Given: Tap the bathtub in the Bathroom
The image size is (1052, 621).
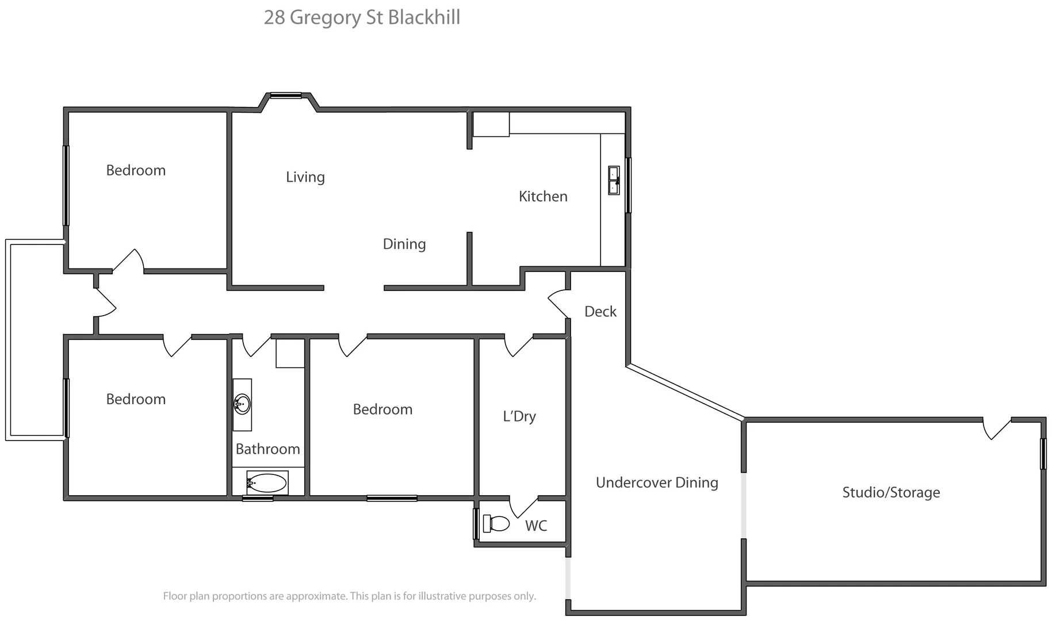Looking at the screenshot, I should click(266, 483).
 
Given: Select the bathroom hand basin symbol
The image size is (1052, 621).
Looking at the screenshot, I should click(242, 404).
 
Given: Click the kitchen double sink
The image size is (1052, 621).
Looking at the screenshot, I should click(614, 181).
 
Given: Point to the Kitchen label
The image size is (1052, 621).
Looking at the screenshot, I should click(543, 197).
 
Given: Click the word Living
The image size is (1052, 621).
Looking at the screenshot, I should click(305, 177).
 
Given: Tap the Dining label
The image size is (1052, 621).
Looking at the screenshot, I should click(404, 244).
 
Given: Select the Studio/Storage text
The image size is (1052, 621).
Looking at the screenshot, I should click(891, 493).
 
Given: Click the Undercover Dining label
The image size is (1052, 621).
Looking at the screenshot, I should click(657, 483).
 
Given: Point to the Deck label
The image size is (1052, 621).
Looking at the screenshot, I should click(600, 312).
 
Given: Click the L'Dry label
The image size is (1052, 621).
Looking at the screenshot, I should click(519, 416).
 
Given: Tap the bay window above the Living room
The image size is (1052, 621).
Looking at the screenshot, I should click(286, 96).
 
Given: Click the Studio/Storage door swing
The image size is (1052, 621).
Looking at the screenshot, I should click(996, 429).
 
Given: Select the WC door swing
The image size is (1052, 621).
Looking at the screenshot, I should click(523, 506).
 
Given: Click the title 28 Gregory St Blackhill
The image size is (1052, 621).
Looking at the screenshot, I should click(362, 17).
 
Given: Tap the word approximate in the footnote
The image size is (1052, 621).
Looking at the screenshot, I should click(318, 596).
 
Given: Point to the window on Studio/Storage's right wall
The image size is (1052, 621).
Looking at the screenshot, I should click(1043, 454).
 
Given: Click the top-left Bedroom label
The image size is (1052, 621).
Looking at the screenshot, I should click(136, 171).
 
